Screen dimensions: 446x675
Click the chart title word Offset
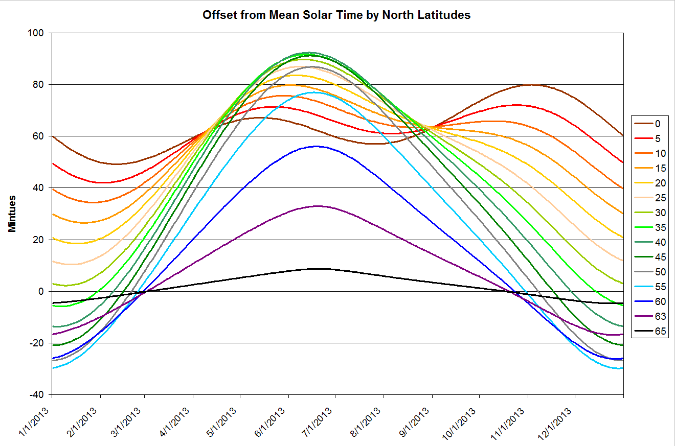(x=219, y=15)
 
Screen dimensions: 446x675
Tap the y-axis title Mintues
(x=13, y=213)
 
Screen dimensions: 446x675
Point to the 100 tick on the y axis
(x=38, y=33)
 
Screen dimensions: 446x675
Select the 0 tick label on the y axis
(x=43, y=291)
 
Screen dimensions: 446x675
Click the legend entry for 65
(x=652, y=331)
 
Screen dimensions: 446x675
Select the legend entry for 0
(x=652, y=124)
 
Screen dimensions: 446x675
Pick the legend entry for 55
(x=652, y=287)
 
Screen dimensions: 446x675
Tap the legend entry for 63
(x=652, y=316)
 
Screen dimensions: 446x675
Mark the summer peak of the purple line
(x=318, y=206)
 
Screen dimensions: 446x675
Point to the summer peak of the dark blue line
(x=316, y=146)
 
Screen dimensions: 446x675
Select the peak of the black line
(x=320, y=268)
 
